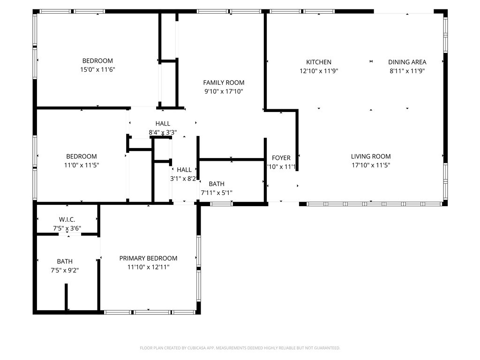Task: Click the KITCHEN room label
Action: (319, 62)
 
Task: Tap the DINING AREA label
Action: (407, 62)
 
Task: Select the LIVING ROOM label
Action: (371, 157)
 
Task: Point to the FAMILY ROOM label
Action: (224, 83)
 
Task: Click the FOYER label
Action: (281, 158)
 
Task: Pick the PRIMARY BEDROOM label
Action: (148, 258)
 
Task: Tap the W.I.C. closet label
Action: (67, 219)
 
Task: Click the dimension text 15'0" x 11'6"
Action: (97, 70)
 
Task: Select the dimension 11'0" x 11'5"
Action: (82, 165)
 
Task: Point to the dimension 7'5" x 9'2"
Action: (65, 270)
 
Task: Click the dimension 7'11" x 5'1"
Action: (217, 193)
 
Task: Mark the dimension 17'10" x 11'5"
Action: (371, 165)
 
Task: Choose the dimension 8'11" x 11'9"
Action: (407, 71)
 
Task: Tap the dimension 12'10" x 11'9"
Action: (319, 71)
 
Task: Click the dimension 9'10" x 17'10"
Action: (224, 92)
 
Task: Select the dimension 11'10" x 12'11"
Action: (148, 267)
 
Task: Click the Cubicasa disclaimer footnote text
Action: (240, 348)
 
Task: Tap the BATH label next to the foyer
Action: (217, 184)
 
